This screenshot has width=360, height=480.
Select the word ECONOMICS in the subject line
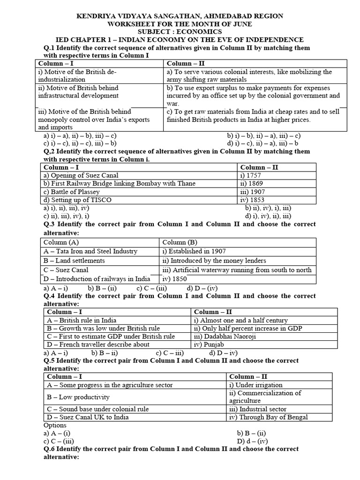[203, 31]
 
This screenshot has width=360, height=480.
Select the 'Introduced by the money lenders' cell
[214, 261]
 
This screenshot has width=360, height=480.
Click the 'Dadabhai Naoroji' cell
[219, 337]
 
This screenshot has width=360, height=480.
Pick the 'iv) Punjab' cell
[211, 345]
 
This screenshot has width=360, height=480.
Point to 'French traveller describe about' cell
[97, 345]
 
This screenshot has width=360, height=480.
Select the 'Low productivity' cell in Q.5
[78, 397]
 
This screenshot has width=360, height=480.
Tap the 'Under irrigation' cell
[255, 385]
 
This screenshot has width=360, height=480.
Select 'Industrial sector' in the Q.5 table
[257, 409]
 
